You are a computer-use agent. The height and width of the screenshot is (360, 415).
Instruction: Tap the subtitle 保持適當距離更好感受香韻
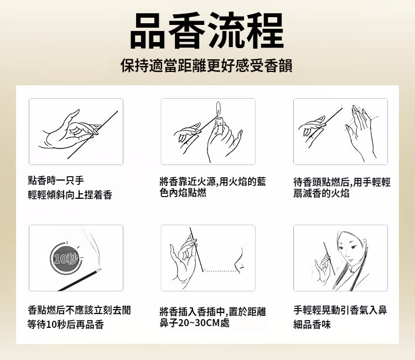207,66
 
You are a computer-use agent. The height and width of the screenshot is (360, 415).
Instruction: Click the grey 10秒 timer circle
66,258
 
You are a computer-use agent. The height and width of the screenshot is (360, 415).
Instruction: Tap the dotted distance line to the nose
219,271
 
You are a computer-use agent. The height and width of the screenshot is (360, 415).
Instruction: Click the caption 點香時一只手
56,181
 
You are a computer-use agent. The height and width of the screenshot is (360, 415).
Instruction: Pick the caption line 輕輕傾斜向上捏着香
70,195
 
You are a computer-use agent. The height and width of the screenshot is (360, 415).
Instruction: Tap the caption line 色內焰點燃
183,193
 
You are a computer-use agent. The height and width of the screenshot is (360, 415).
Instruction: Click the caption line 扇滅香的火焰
321,193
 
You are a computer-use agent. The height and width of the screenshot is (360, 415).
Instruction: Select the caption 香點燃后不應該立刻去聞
79,310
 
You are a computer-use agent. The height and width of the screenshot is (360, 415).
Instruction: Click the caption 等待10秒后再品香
66,324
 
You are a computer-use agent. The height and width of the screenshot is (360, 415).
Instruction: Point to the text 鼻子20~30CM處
194,323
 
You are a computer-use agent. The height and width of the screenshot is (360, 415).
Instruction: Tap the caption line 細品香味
312,324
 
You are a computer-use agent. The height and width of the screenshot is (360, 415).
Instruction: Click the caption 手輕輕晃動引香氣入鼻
340,310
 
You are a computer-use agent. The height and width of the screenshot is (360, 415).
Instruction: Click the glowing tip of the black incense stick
98,270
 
